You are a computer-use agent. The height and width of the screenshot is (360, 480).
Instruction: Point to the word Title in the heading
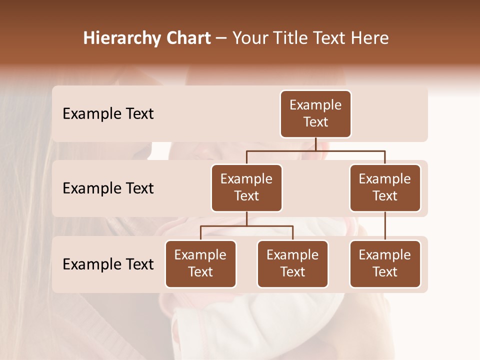pyautogui.click(x=288, y=38)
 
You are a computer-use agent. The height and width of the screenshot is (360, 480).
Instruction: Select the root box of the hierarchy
pyautogui.click(x=315, y=114)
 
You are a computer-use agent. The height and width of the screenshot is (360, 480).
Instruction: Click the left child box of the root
pyautogui.click(x=246, y=188)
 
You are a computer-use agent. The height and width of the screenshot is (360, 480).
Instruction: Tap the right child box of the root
pyautogui.click(x=385, y=188)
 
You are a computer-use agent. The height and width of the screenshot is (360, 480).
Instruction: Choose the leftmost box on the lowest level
pyautogui.click(x=200, y=264)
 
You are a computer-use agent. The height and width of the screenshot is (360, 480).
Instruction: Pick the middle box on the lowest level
pyautogui.click(x=292, y=264)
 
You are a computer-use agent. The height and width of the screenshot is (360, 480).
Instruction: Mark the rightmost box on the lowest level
pyautogui.click(x=385, y=264)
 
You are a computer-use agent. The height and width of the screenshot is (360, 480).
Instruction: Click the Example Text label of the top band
pyautogui.click(x=108, y=114)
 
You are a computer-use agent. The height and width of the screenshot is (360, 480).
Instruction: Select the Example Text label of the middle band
pyautogui.click(x=108, y=188)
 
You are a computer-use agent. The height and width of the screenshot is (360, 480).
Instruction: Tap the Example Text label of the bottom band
pyautogui.click(x=108, y=264)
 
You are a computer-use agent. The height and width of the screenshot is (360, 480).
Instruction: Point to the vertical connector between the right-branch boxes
pyautogui.click(x=385, y=226)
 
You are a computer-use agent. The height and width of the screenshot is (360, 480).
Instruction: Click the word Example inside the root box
pyautogui.click(x=315, y=105)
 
